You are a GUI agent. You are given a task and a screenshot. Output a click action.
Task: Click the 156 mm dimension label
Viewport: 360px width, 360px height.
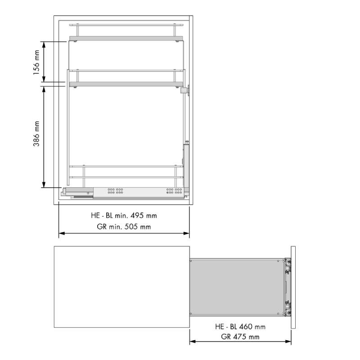pos(36,63)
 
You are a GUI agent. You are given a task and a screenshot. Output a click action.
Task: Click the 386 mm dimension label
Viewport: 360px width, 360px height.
pos(36,134)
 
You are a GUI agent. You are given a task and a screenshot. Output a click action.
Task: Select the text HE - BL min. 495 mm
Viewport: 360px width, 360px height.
pos(124,216)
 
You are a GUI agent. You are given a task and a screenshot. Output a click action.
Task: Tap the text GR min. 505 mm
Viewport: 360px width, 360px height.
pos(124,227)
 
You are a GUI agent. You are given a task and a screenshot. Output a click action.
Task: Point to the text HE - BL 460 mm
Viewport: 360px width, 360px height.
pos(240,327)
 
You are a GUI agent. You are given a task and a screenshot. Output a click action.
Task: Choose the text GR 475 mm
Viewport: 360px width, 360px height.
pos(240,337)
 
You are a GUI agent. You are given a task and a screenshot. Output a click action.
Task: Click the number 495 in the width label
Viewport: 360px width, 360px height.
pos(137,216)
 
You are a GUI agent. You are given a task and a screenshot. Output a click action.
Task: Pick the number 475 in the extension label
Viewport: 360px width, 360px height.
pos(239,337)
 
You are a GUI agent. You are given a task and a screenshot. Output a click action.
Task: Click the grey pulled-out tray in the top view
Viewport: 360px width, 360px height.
pos(237,287)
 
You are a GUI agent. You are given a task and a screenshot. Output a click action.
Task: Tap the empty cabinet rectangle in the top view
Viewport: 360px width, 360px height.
pos(122,287)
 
